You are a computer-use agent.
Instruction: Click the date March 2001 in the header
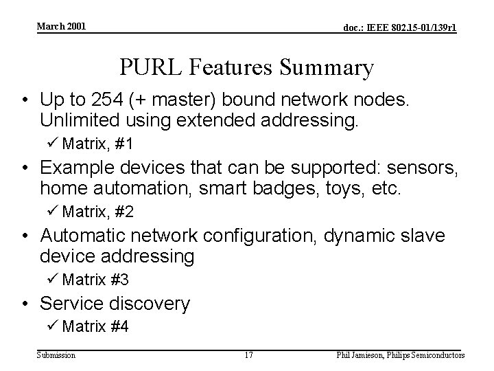pyautogui.click(x=62, y=26)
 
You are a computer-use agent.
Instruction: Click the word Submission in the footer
pyautogui.click(x=56, y=355)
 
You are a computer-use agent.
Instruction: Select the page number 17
pyautogui.click(x=248, y=355)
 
